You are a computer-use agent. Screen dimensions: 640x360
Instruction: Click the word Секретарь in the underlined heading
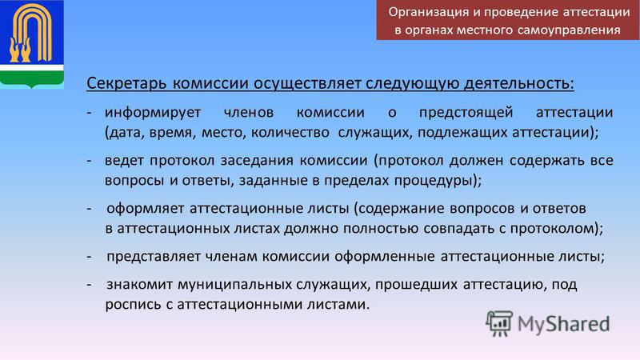click(126, 83)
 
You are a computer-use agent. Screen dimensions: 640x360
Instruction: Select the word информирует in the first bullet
click(153, 113)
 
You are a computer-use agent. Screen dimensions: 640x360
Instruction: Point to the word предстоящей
click(466, 113)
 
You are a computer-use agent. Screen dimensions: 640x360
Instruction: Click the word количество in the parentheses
click(290, 133)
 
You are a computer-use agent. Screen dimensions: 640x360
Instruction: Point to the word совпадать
click(458, 228)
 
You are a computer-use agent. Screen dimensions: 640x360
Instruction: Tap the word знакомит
click(139, 284)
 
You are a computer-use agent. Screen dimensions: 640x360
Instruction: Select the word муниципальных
click(234, 284)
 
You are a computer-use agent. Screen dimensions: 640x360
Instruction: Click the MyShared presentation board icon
click(498, 323)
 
